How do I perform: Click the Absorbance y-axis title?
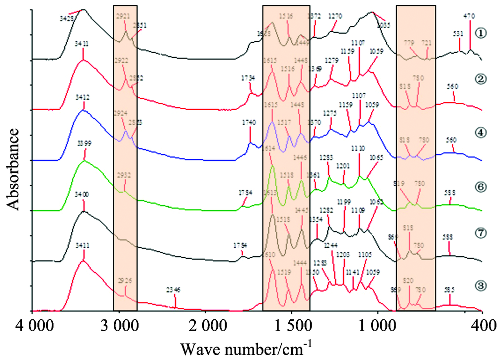coord(13,169)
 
